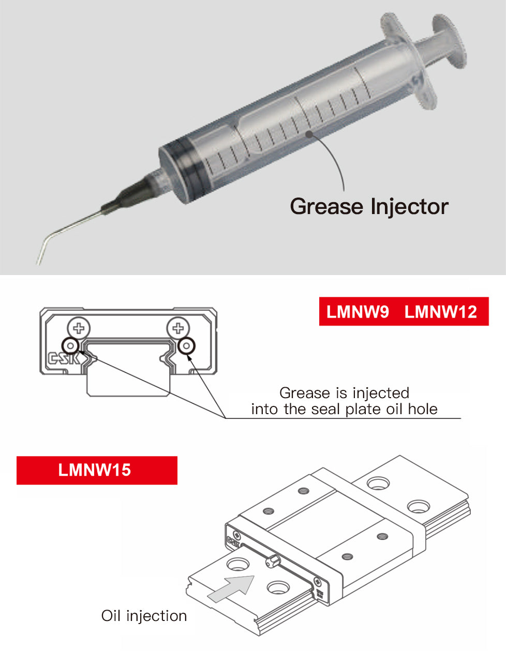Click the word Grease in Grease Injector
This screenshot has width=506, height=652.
[x=326, y=207]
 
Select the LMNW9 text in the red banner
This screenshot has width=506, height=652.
[x=358, y=312]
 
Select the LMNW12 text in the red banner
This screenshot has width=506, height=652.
[x=441, y=312]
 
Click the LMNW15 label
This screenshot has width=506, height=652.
[x=95, y=470]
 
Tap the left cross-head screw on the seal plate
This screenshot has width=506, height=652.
[x=79, y=328]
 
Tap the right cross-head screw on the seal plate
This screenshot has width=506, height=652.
[x=178, y=328]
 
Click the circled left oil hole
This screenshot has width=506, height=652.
[x=70, y=346]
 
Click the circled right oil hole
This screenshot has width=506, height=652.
[x=186, y=346]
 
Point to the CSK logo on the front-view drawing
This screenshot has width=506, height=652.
[x=64, y=358]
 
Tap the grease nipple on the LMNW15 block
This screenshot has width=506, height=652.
[x=273, y=560]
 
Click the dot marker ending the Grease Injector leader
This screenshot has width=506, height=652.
[x=309, y=134]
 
